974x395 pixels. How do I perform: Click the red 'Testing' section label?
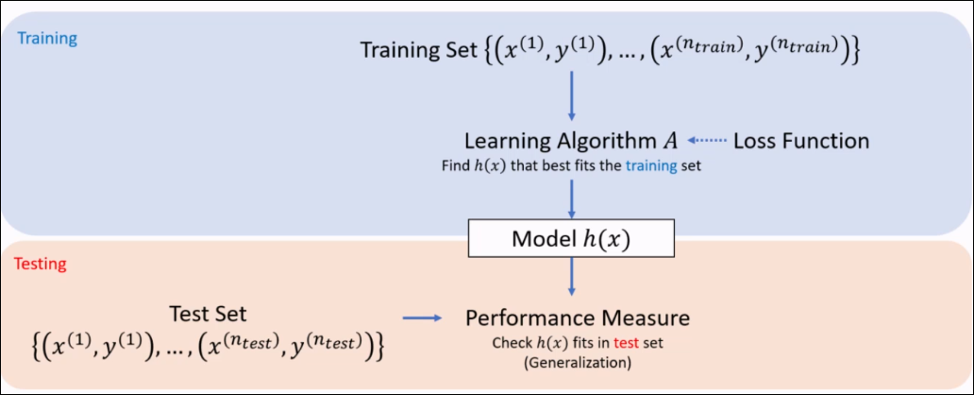point(40,264)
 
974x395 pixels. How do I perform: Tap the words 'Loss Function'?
point(801,141)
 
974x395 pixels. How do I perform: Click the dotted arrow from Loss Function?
point(707,141)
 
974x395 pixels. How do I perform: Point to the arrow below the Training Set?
point(572,98)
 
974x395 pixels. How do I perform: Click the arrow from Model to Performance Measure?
point(572,280)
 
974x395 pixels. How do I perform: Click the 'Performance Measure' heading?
point(577,317)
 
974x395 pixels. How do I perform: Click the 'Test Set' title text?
point(208,314)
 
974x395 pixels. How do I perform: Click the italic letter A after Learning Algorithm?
point(669,141)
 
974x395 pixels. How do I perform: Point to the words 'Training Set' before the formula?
point(411,49)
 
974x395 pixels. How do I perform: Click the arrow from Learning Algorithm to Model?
point(572,197)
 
